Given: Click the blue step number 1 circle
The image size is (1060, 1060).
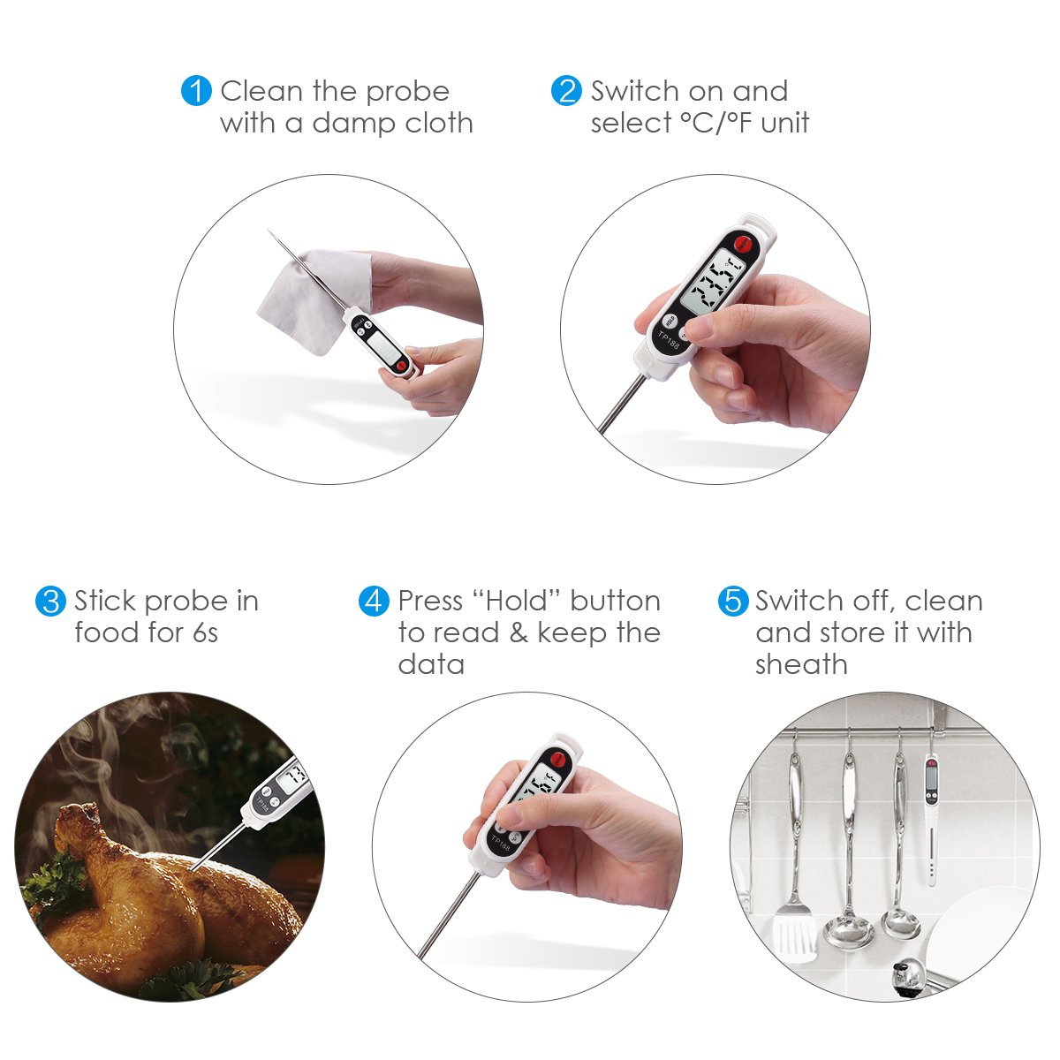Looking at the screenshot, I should tap(196, 91).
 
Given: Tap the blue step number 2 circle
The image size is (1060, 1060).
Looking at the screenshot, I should tap(566, 91).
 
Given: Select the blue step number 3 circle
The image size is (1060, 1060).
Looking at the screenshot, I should tap(50, 602).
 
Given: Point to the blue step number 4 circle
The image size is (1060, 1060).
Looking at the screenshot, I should tap(374, 602).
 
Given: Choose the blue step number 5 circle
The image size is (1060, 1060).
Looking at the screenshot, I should tap(732, 602).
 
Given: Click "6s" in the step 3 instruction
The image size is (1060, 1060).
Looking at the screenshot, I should tap(204, 633).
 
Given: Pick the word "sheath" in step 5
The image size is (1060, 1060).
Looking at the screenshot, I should tap(800, 665).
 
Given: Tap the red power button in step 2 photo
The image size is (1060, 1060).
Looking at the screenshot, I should tap(742, 241).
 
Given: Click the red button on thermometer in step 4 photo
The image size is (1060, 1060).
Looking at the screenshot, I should tap(556, 757).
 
